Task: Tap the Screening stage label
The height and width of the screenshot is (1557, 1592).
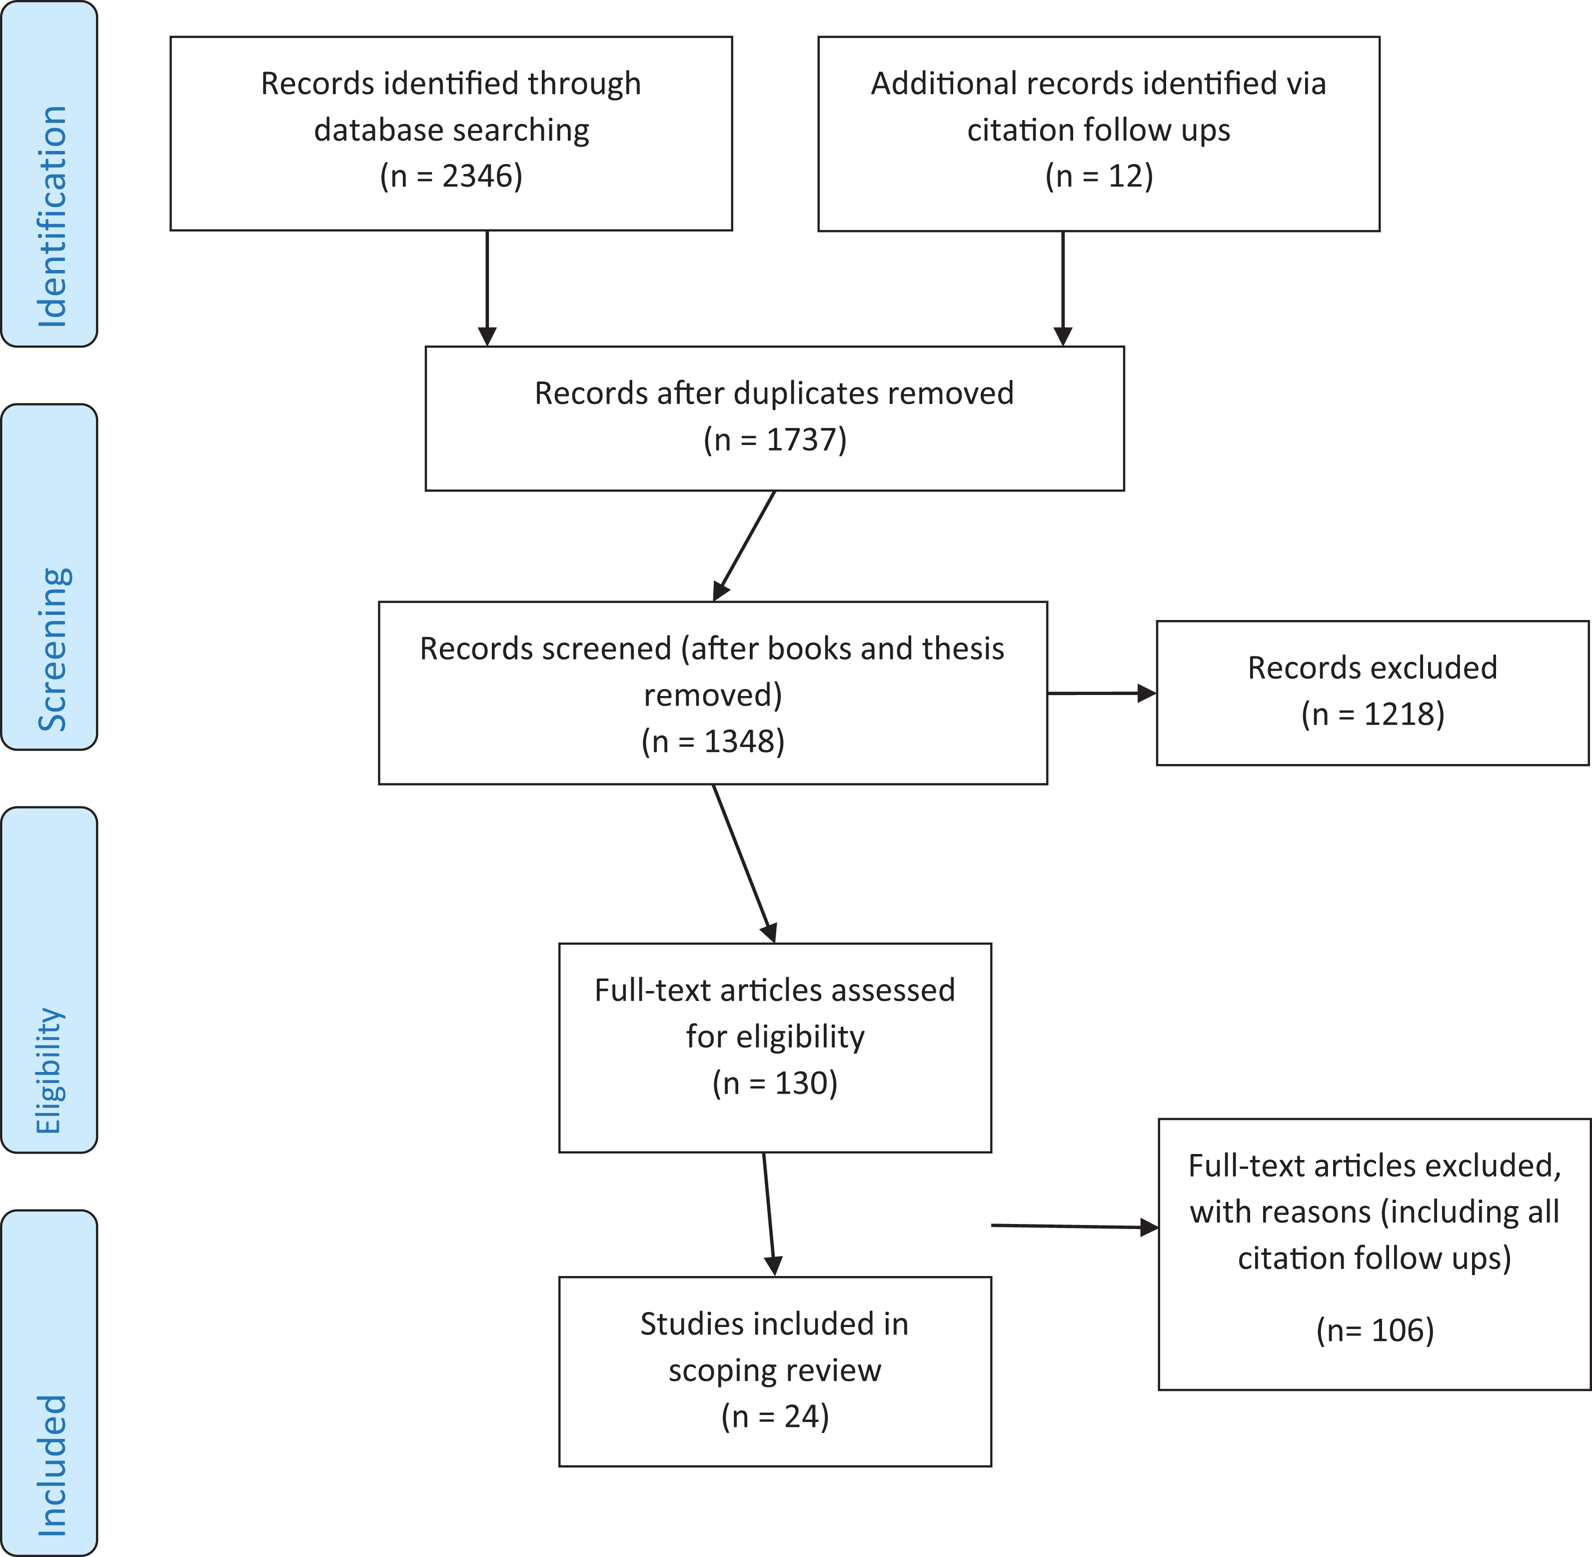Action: pyautogui.click(x=52, y=649)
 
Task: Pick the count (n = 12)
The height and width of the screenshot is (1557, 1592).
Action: pyautogui.click(x=1099, y=176)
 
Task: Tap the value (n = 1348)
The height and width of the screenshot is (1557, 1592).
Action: pyautogui.click(x=713, y=741)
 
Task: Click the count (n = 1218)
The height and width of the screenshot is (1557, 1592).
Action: pyautogui.click(x=1373, y=714)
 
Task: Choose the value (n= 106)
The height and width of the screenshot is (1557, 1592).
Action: pyautogui.click(x=1375, y=1330)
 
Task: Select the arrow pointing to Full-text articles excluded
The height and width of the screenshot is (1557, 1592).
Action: pyautogui.click(x=1075, y=1226)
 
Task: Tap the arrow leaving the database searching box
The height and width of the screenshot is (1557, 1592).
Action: pyautogui.click(x=487, y=288)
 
